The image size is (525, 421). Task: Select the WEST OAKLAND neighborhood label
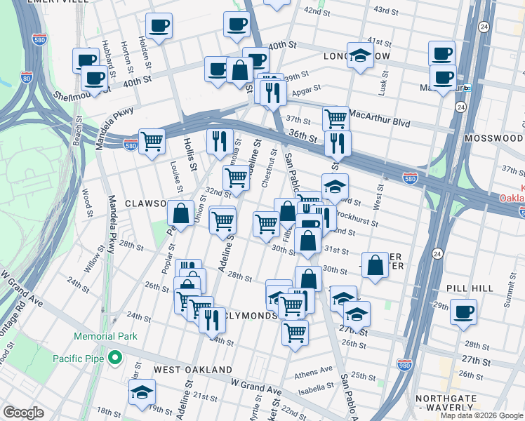[193, 369]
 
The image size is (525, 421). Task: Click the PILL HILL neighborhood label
[471, 288]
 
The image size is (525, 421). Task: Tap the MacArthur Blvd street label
[379, 113]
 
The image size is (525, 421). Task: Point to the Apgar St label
[306, 89]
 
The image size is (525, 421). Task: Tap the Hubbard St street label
[108, 51]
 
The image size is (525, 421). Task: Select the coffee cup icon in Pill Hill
[463, 312]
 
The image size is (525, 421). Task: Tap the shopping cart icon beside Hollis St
[152, 141]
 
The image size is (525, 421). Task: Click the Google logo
[23, 413]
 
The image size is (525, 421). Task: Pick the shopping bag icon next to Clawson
[181, 213]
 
